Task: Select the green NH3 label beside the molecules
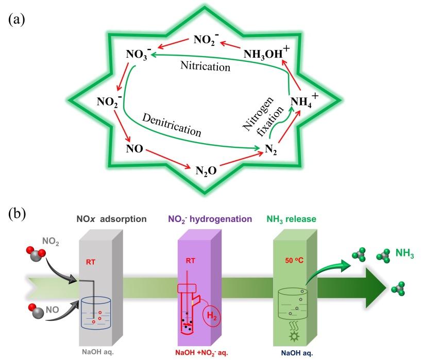[x=405, y=253]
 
